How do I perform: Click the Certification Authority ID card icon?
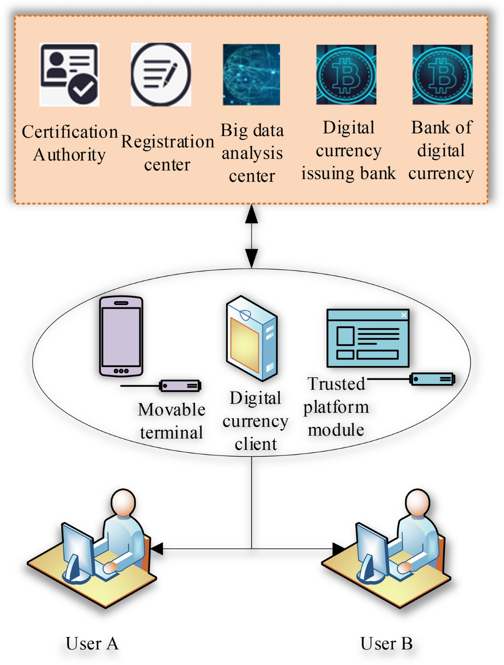pyautogui.click(x=69, y=74)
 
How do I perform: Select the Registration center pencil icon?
pyautogui.click(x=161, y=74)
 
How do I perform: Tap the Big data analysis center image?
pyautogui.click(x=251, y=74)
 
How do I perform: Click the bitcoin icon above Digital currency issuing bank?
pyautogui.click(x=346, y=74)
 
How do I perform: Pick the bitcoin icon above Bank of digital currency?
pyautogui.click(x=442, y=74)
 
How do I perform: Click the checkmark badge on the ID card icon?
pyautogui.click(x=83, y=89)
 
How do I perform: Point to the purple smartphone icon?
pyautogui.click(x=121, y=336)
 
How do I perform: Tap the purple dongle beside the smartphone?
pyautogui.click(x=181, y=385)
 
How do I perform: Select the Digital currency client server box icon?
pyautogui.click(x=252, y=338)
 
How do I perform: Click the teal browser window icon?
pyautogui.click(x=367, y=338)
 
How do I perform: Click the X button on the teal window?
pyautogui.click(x=404, y=315)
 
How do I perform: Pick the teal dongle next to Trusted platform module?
pyautogui.click(x=432, y=379)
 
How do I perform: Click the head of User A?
pyautogui.click(x=123, y=502)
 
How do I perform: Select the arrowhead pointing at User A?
pyautogui.click(x=157, y=548)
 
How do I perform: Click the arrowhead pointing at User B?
pyautogui.click(x=339, y=548)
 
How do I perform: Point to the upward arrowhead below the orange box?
pyautogui.click(x=252, y=214)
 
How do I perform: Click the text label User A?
pyautogui.click(x=92, y=643)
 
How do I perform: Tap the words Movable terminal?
pyautogui.click(x=171, y=421)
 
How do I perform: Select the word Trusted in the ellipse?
pyautogui.click(x=336, y=384)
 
